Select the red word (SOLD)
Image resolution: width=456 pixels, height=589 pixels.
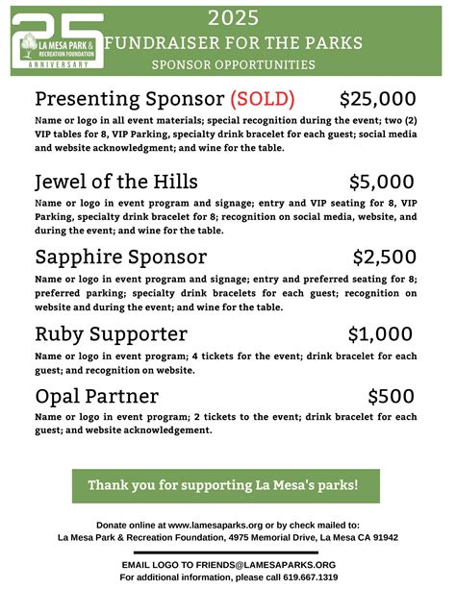point(262,99)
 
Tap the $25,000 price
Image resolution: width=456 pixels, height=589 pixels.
point(377,99)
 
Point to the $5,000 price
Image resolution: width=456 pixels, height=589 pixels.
point(382,182)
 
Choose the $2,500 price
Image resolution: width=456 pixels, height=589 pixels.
point(384,257)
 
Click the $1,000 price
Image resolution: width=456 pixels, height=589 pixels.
point(382,333)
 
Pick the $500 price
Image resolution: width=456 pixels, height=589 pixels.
point(392,396)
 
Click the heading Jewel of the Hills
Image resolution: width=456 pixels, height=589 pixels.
point(116,182)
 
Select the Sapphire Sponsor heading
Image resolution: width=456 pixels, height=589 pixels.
point(120,257)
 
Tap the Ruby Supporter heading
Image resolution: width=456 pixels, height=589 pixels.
point(111,333)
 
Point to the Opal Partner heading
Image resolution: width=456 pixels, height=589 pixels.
point(96,396)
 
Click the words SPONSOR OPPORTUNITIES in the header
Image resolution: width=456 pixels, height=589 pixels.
point(233,65)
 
